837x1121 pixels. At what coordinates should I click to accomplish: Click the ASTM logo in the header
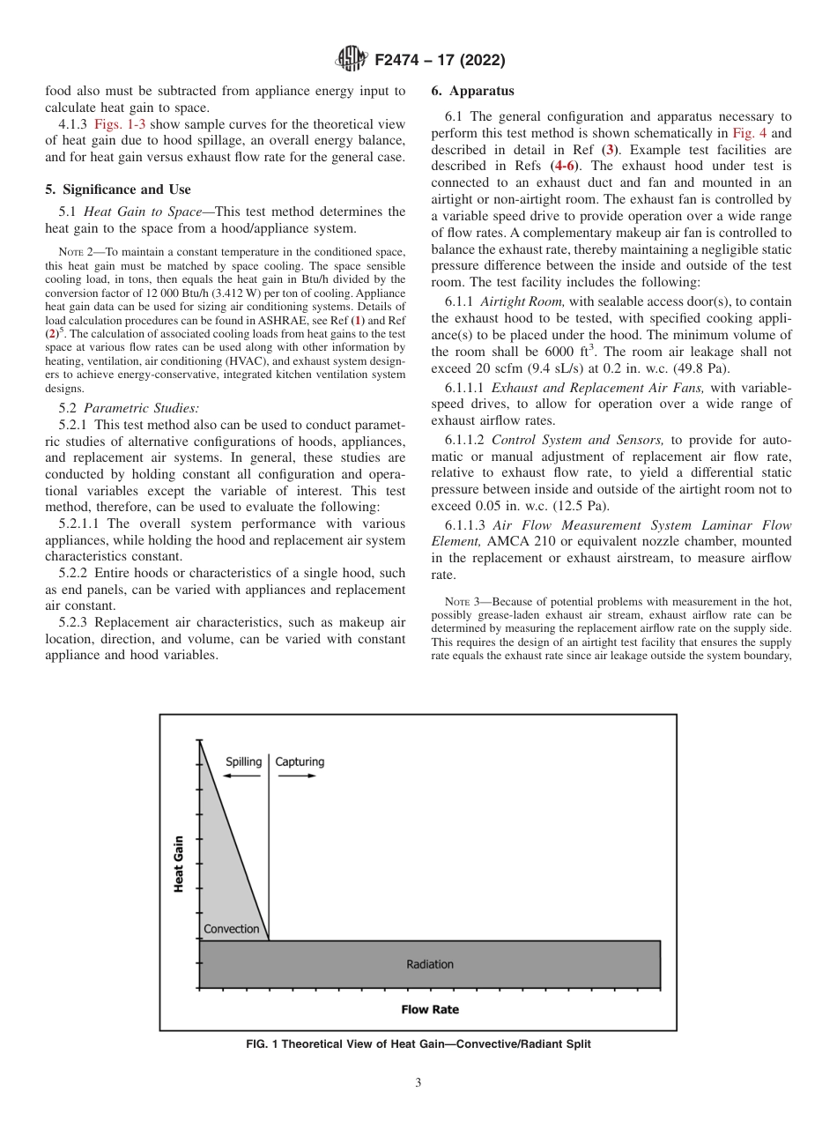point(352,60)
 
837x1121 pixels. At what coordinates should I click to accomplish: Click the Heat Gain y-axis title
point(179,864)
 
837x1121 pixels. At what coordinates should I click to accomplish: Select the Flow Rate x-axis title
point(430,1009)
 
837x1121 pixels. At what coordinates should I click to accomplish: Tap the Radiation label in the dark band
point(430,964)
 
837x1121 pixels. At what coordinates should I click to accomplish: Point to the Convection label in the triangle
point(232,929)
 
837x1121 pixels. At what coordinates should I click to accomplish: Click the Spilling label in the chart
point(243,761)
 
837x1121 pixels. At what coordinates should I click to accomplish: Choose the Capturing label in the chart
point(300,761)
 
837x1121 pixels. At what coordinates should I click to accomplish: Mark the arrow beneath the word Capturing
point(298,776)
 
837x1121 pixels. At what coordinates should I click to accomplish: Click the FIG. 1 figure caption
point(418,1044)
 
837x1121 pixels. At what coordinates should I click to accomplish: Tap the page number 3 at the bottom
point(418,1083)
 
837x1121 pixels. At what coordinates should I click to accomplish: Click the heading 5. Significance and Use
point(118,189)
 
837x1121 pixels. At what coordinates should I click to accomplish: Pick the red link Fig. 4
point(748,132)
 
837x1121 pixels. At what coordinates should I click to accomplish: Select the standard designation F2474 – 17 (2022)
point(440,61)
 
